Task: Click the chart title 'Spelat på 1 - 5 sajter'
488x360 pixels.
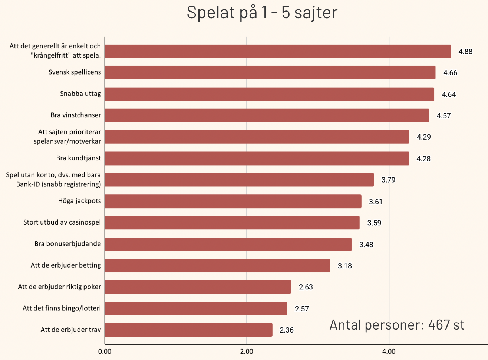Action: (x=262, y=12)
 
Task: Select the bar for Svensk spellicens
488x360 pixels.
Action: (x=270, y=73)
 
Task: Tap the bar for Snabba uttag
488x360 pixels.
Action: (x=269, y=94)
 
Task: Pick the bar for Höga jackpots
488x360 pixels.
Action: (x=233, y=202)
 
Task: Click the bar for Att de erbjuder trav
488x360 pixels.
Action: (x=188, y=330)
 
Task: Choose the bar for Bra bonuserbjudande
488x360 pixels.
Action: (x=228, y=245)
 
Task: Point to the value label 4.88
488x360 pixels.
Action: (x=465, y=52)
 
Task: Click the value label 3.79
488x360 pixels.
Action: (x=388, y=180)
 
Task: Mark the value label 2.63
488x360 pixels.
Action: (x=306, y=287)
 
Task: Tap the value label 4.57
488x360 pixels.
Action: (x=444, y=116)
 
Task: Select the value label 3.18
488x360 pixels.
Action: (x=344, y=266)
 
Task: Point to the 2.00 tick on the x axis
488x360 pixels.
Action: (x=247, y=351)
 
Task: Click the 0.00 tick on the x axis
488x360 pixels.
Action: (x=105, y=351)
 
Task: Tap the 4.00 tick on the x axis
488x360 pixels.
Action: (x=389, y=351)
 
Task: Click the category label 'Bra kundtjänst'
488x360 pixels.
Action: (x=79, y=158)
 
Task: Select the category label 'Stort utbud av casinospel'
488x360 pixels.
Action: (x=62, y=222)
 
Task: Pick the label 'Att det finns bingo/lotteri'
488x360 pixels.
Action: (x=62, y=308)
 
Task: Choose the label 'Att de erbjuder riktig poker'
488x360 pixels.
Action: (x=59, y=287)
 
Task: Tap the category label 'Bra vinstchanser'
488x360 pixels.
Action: (x=76, y=115)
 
